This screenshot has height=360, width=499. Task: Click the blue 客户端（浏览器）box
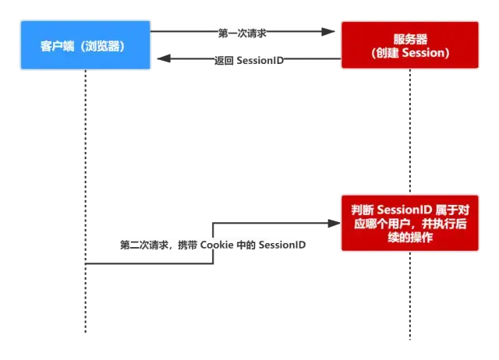[83, 45]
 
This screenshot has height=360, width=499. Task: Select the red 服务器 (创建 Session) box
[409, 46]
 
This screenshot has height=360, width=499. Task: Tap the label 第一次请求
[243, 33]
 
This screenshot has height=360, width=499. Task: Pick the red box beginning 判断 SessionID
[409, 224]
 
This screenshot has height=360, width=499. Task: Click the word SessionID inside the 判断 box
[403, 210]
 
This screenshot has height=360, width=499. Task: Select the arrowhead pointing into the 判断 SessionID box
[338, 223]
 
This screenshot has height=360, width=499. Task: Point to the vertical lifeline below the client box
[83, 195]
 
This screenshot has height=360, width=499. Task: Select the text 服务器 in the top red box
[409, 39]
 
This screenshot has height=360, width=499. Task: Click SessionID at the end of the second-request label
[282, 245]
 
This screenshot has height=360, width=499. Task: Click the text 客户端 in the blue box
[57, 45]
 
